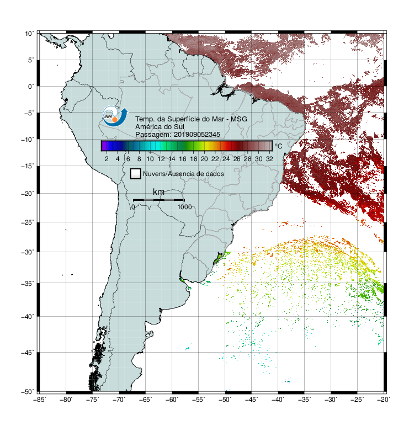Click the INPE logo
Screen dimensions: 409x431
115,116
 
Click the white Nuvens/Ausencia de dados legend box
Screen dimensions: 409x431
136,174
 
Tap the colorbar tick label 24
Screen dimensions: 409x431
226,159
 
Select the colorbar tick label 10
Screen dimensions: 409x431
150,159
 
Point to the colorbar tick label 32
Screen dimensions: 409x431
269,159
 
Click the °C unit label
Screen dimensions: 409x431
278,146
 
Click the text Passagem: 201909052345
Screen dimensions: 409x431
178,135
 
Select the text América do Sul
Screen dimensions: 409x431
160,127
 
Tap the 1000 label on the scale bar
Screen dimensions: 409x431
184,207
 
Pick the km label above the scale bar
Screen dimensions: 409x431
158,192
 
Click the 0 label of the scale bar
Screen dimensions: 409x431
133,207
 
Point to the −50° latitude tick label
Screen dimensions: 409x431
28,391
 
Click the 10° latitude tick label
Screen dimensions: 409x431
29,34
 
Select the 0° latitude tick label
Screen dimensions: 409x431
31,87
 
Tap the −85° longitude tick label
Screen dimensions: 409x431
40,400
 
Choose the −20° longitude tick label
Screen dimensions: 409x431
384,400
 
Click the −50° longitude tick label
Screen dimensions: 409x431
225,400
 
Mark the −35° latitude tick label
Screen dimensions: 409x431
28,283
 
